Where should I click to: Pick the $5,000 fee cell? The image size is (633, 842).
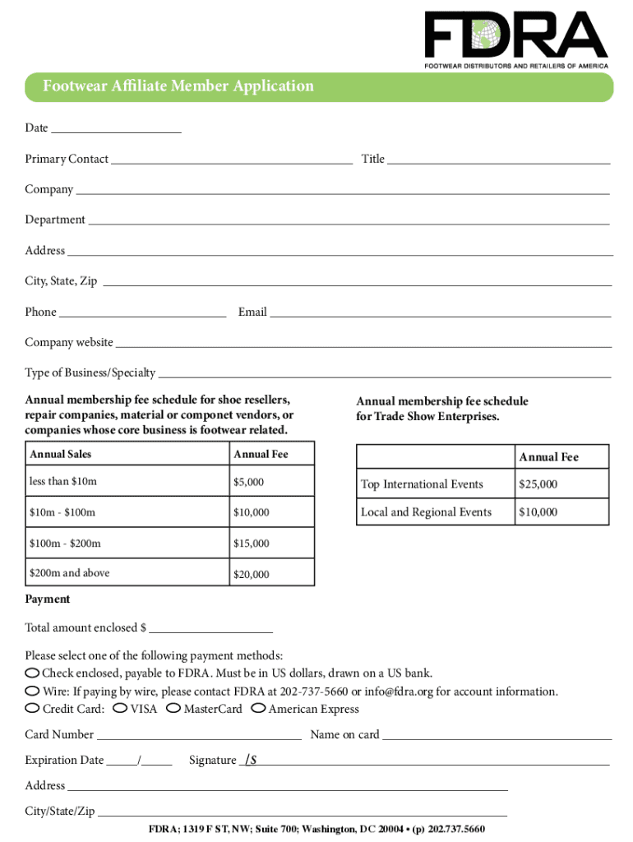(271, 481)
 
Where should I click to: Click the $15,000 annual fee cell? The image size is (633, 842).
(271, 544)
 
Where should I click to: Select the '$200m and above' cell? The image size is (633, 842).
(127, 573)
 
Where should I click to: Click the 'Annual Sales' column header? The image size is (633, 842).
(127, 454)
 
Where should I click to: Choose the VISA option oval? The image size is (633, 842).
(120, 708)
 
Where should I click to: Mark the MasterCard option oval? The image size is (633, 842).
(173, 708)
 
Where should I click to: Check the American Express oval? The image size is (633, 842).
(258, 708)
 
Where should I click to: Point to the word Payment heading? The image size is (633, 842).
(48, 599)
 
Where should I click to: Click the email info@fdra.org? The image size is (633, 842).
(398, 692)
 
